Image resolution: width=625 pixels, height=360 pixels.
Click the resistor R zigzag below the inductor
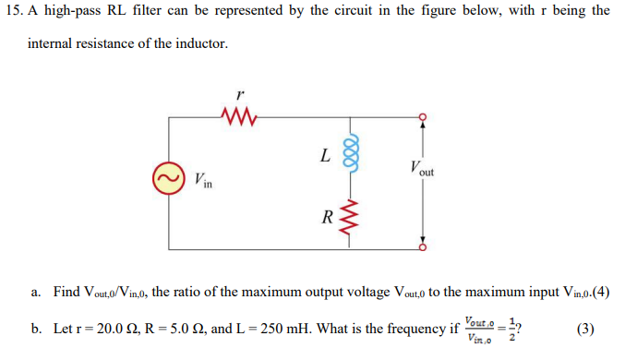click(349, 218)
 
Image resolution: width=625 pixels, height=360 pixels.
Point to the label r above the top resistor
click(240, 94)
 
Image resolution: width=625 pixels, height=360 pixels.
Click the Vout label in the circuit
click(417, 170)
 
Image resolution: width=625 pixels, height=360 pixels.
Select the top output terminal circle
click(423, 117)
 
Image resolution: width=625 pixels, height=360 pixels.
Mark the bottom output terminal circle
click(423, 247)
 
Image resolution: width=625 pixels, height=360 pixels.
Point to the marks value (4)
click(599, 293)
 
